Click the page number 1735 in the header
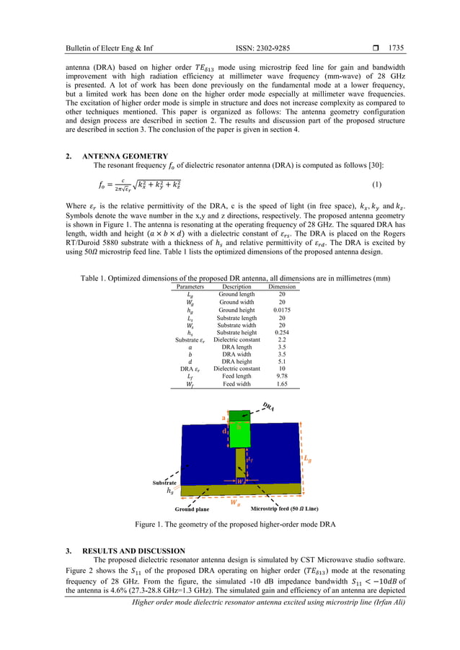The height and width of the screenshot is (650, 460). coord(396,48)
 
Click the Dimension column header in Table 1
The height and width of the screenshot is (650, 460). coord(282,287)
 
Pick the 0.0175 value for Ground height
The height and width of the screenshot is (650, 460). coord(282,310)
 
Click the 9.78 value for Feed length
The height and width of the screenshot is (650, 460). coord(282,377)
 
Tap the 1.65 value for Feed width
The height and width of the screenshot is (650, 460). coord(282,385)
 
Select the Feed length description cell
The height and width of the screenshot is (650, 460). coord(237,377)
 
